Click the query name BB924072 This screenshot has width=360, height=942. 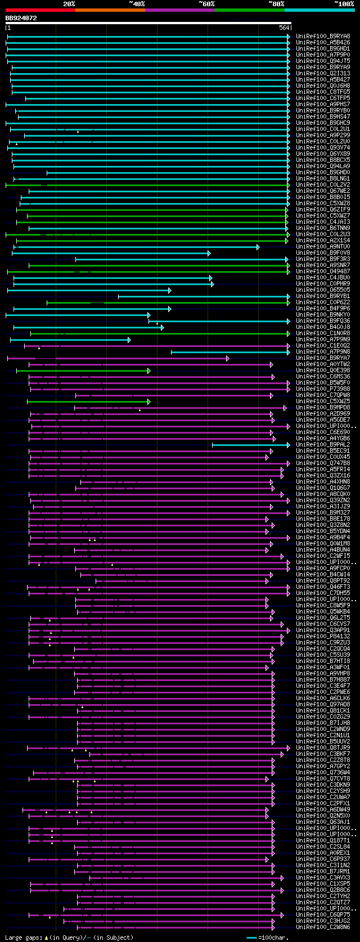[x=21, y=18]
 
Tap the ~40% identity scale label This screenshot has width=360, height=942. [x=137, y=3]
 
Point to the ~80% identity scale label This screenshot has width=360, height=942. [x=276, y=3]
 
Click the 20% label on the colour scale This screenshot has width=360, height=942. [x=69, y=3]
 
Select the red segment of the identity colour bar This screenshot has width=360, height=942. [x=40, y=10]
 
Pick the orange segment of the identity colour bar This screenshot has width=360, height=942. [x=110, y=10]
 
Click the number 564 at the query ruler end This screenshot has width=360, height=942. [x=283, y=28]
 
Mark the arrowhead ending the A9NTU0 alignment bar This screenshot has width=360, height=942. [x=258, y=247]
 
